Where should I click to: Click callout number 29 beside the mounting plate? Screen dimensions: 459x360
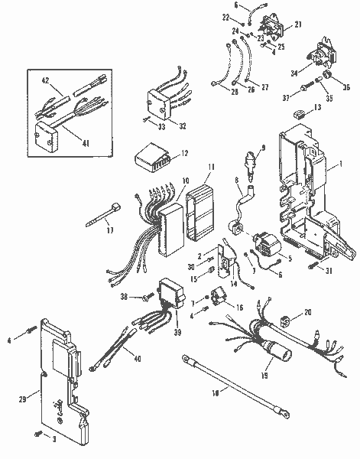[22, 399]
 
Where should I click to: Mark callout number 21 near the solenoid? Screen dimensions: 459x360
[298, 25]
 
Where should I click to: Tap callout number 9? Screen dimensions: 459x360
[264, 148]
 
